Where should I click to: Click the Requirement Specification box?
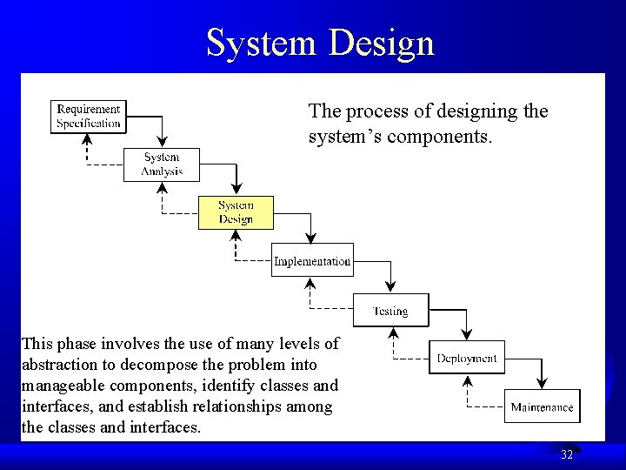pos(89,117)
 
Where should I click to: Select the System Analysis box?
pos(162,164)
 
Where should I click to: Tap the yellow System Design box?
pos(236,212)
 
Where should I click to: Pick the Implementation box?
pos(312,260)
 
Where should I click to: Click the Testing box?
pos(390,310)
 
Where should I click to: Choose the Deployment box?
pos(467,358)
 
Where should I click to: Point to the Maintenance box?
pos(542,406)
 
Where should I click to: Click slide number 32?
pos(567,454)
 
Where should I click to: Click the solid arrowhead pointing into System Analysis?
pos(162,144)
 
